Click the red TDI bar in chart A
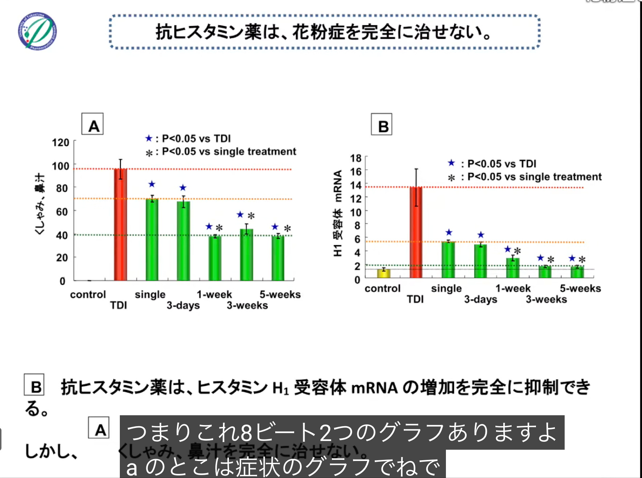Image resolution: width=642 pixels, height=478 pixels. [120, 225]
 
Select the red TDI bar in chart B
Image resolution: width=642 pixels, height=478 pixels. [416, 232]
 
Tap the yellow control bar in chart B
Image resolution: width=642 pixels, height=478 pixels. [383, 273]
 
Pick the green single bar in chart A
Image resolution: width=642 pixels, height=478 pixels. [152, 240]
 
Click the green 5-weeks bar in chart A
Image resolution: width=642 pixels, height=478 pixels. [278, 258]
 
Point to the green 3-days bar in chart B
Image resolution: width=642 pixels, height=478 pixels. [480, 261]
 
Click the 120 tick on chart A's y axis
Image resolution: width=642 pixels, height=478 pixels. [61, 143]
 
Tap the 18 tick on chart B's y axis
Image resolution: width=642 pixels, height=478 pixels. [356, 158]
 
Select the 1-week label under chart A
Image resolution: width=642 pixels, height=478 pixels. [214, 294]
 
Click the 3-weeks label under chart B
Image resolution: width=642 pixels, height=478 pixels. [546, 299]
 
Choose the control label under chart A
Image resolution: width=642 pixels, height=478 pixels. [88, 294]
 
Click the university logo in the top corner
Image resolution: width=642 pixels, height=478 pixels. [37, 31]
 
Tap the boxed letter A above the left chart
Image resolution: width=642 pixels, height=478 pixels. [93, 124]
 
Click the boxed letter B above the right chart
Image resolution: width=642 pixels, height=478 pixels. [382, 124]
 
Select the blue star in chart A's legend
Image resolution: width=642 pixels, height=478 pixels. [149, 138]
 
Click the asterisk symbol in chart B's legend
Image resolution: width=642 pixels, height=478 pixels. [451, 178]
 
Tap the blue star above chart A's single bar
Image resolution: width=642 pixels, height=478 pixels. [152, 184]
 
